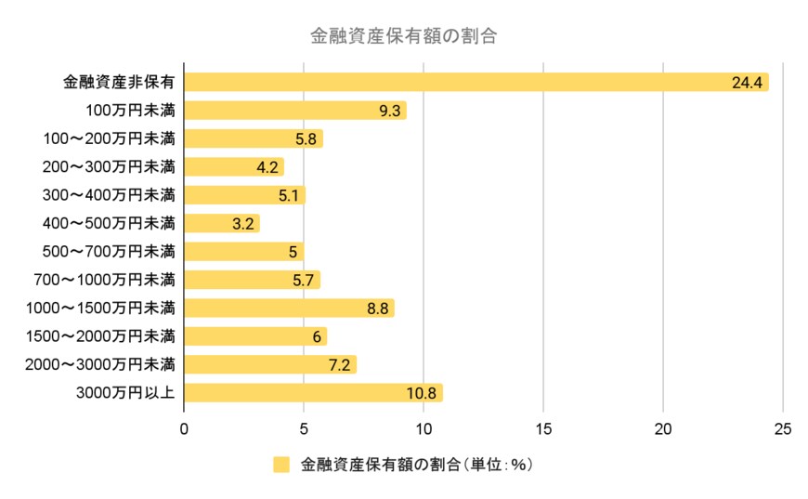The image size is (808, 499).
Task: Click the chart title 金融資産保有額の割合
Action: tap(403, 37)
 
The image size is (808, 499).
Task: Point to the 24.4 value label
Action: tap(747, 83)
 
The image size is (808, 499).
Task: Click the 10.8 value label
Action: tap(421, 393)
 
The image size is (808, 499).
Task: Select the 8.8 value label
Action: tap(377, 308)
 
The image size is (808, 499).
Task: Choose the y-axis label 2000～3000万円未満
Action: tap(110, 364)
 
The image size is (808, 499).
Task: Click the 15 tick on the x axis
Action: tap(543, 428)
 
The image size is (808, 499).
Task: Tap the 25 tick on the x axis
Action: tap(783, 428)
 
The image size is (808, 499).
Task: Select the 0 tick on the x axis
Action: tap(184, 428)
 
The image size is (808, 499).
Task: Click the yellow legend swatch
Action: tap(281, 465)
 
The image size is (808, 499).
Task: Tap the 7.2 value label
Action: tap(339, 364)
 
